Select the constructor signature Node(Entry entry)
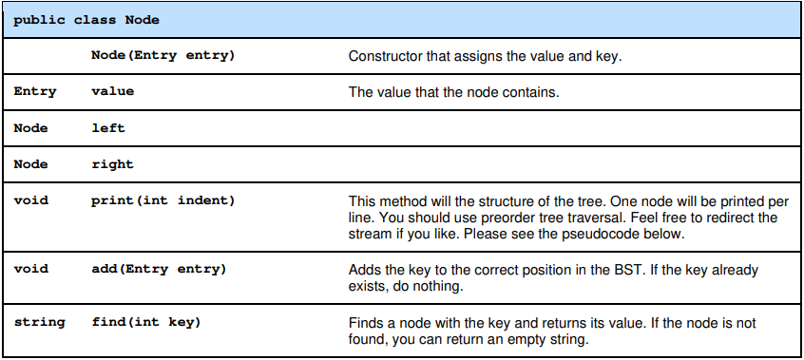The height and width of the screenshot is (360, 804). (163, 56)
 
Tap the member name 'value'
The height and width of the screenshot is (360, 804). (112, 92)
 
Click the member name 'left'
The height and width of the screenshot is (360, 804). (107, 128)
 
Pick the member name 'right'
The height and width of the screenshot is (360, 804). (112, 164)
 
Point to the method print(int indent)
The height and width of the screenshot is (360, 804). (163, 200)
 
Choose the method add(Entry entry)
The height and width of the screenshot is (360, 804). (159, 270)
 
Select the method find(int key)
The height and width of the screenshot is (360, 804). (146, 323)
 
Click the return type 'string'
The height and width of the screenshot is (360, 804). (39, 323)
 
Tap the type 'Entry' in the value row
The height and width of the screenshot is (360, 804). (34, 92)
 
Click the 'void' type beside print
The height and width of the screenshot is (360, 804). (30, 200)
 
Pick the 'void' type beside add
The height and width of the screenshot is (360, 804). (30, 270)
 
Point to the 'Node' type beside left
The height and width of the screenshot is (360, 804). (30, 128)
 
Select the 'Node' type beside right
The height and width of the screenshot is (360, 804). (30, 164)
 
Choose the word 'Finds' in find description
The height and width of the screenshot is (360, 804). (367, 323)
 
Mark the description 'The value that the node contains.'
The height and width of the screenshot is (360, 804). (454, 92)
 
